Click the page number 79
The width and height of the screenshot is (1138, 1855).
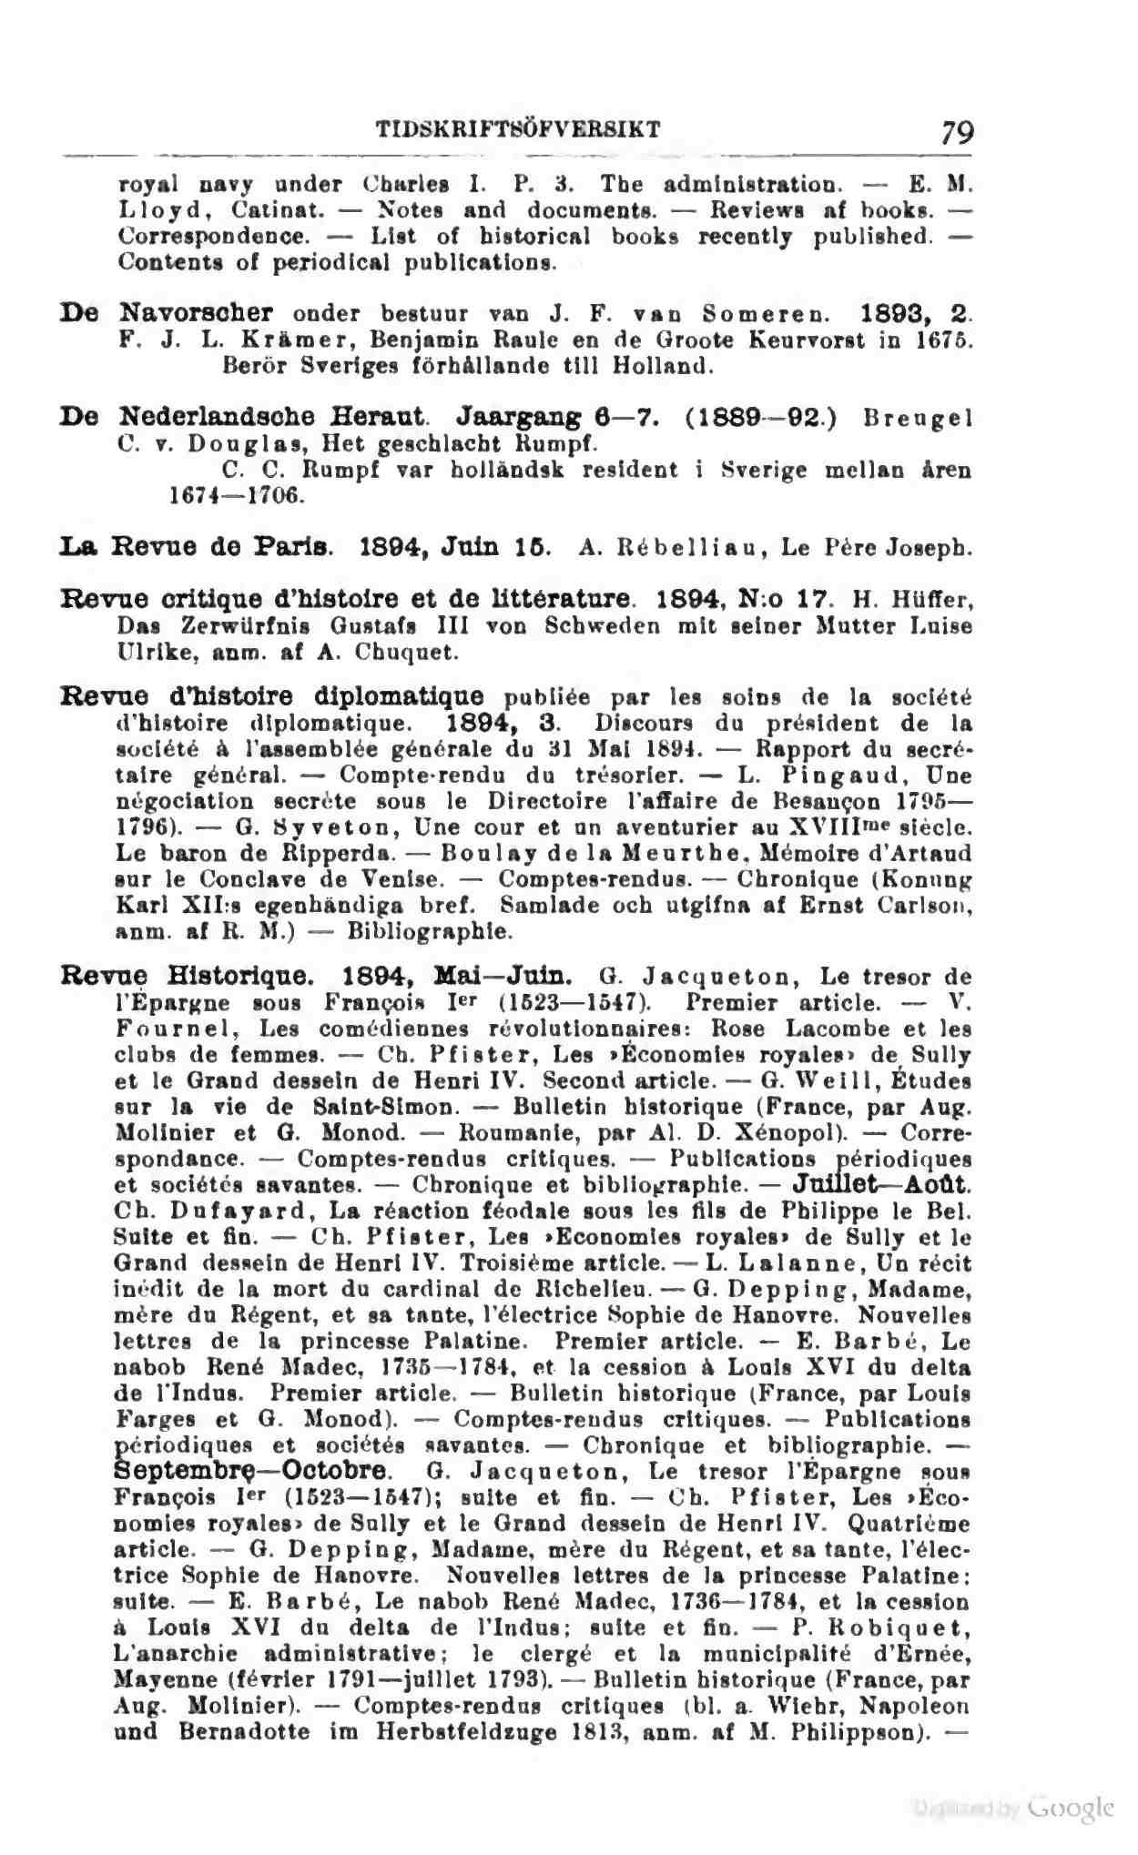(x=958, y=133)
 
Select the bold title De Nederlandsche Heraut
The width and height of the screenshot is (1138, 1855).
(x=245, y=418)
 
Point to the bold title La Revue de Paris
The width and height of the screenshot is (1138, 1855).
(x=195, y=549)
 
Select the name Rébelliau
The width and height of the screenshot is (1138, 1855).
(x=685, y=550)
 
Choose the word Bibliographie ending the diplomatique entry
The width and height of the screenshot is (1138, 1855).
(x=431, y=932)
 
